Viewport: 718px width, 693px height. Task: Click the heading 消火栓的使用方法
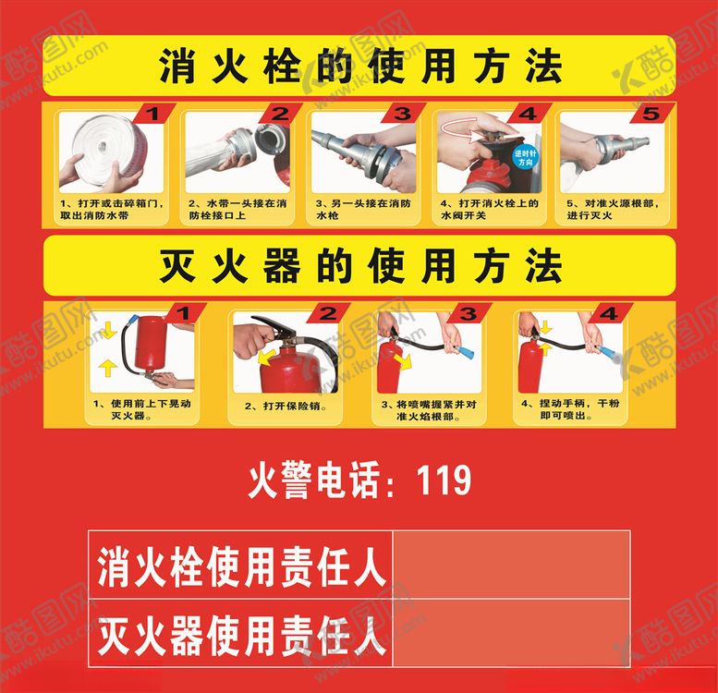pyautogui.click(x=360, y=67)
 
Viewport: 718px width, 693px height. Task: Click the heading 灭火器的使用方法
pyautogui.click(x=360, y=267)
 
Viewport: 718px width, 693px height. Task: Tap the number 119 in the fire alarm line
pyautogui.click(x=444, y=481)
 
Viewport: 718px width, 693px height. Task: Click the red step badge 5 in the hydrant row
pyautogui.click(x=651, y=114)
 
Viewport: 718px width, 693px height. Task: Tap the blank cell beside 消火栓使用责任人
pyautogui.click(x=511, y=565)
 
